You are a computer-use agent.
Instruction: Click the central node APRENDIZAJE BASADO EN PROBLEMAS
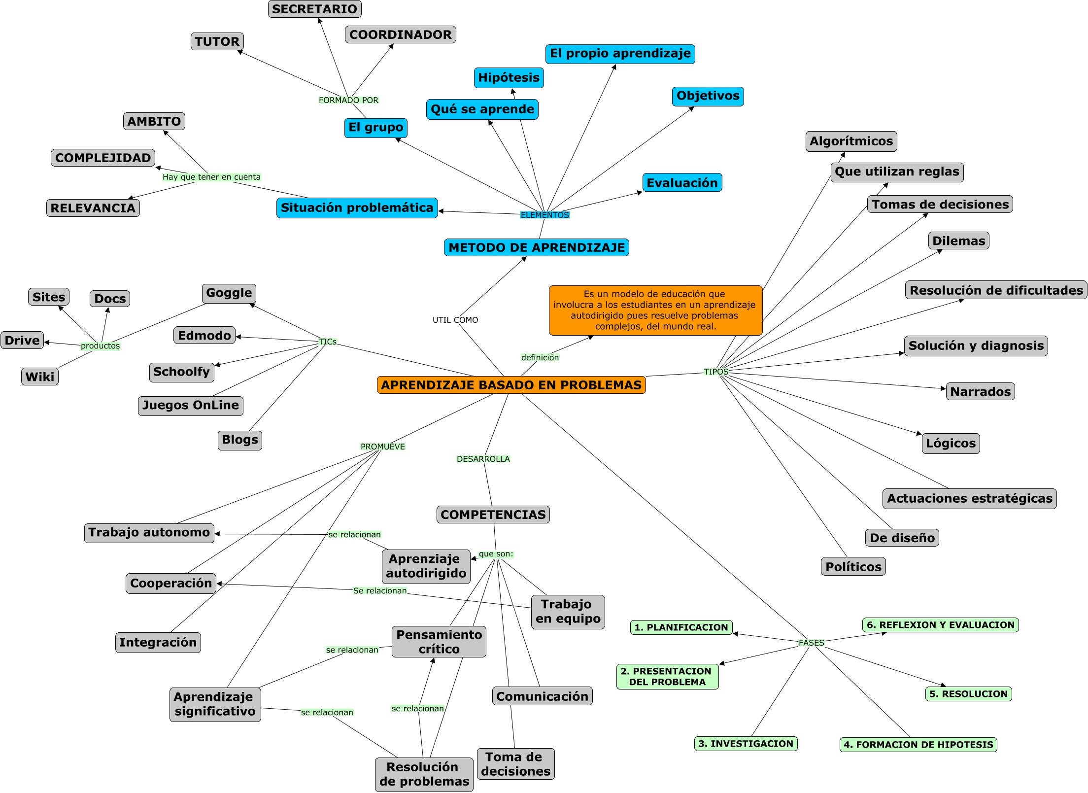tap(511, 385)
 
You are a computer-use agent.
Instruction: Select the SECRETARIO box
tap(314, 9)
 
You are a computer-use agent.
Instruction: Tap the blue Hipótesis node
tap(509, 78)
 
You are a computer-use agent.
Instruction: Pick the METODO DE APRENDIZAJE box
tap(536, 247)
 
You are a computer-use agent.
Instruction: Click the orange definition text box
tap(655, 310)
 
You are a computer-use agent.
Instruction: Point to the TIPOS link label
tap(715, 372)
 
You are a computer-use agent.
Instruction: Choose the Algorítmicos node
tap(851, 141)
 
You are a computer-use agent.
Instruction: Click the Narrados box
tap(980, 392)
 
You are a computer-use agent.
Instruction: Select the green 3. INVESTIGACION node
tap(746, 744)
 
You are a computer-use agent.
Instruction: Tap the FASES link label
tap(811, 643)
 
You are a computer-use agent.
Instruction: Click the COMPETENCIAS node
tap(493, 515)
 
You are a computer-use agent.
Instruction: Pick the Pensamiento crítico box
tap(439, 642)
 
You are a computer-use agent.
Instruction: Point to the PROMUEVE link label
tap(382, 447)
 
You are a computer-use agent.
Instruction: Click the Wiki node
tap(39, 377)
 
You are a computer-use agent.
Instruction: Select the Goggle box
tap(229, 293)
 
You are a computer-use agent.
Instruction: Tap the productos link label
tap(100, 346)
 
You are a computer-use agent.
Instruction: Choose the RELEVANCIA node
tap(93, 208)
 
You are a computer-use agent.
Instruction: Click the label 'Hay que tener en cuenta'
tap(211, 177)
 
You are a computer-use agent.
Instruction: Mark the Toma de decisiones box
tap(515, 764)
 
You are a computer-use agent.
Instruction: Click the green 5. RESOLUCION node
tap(968, 694)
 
